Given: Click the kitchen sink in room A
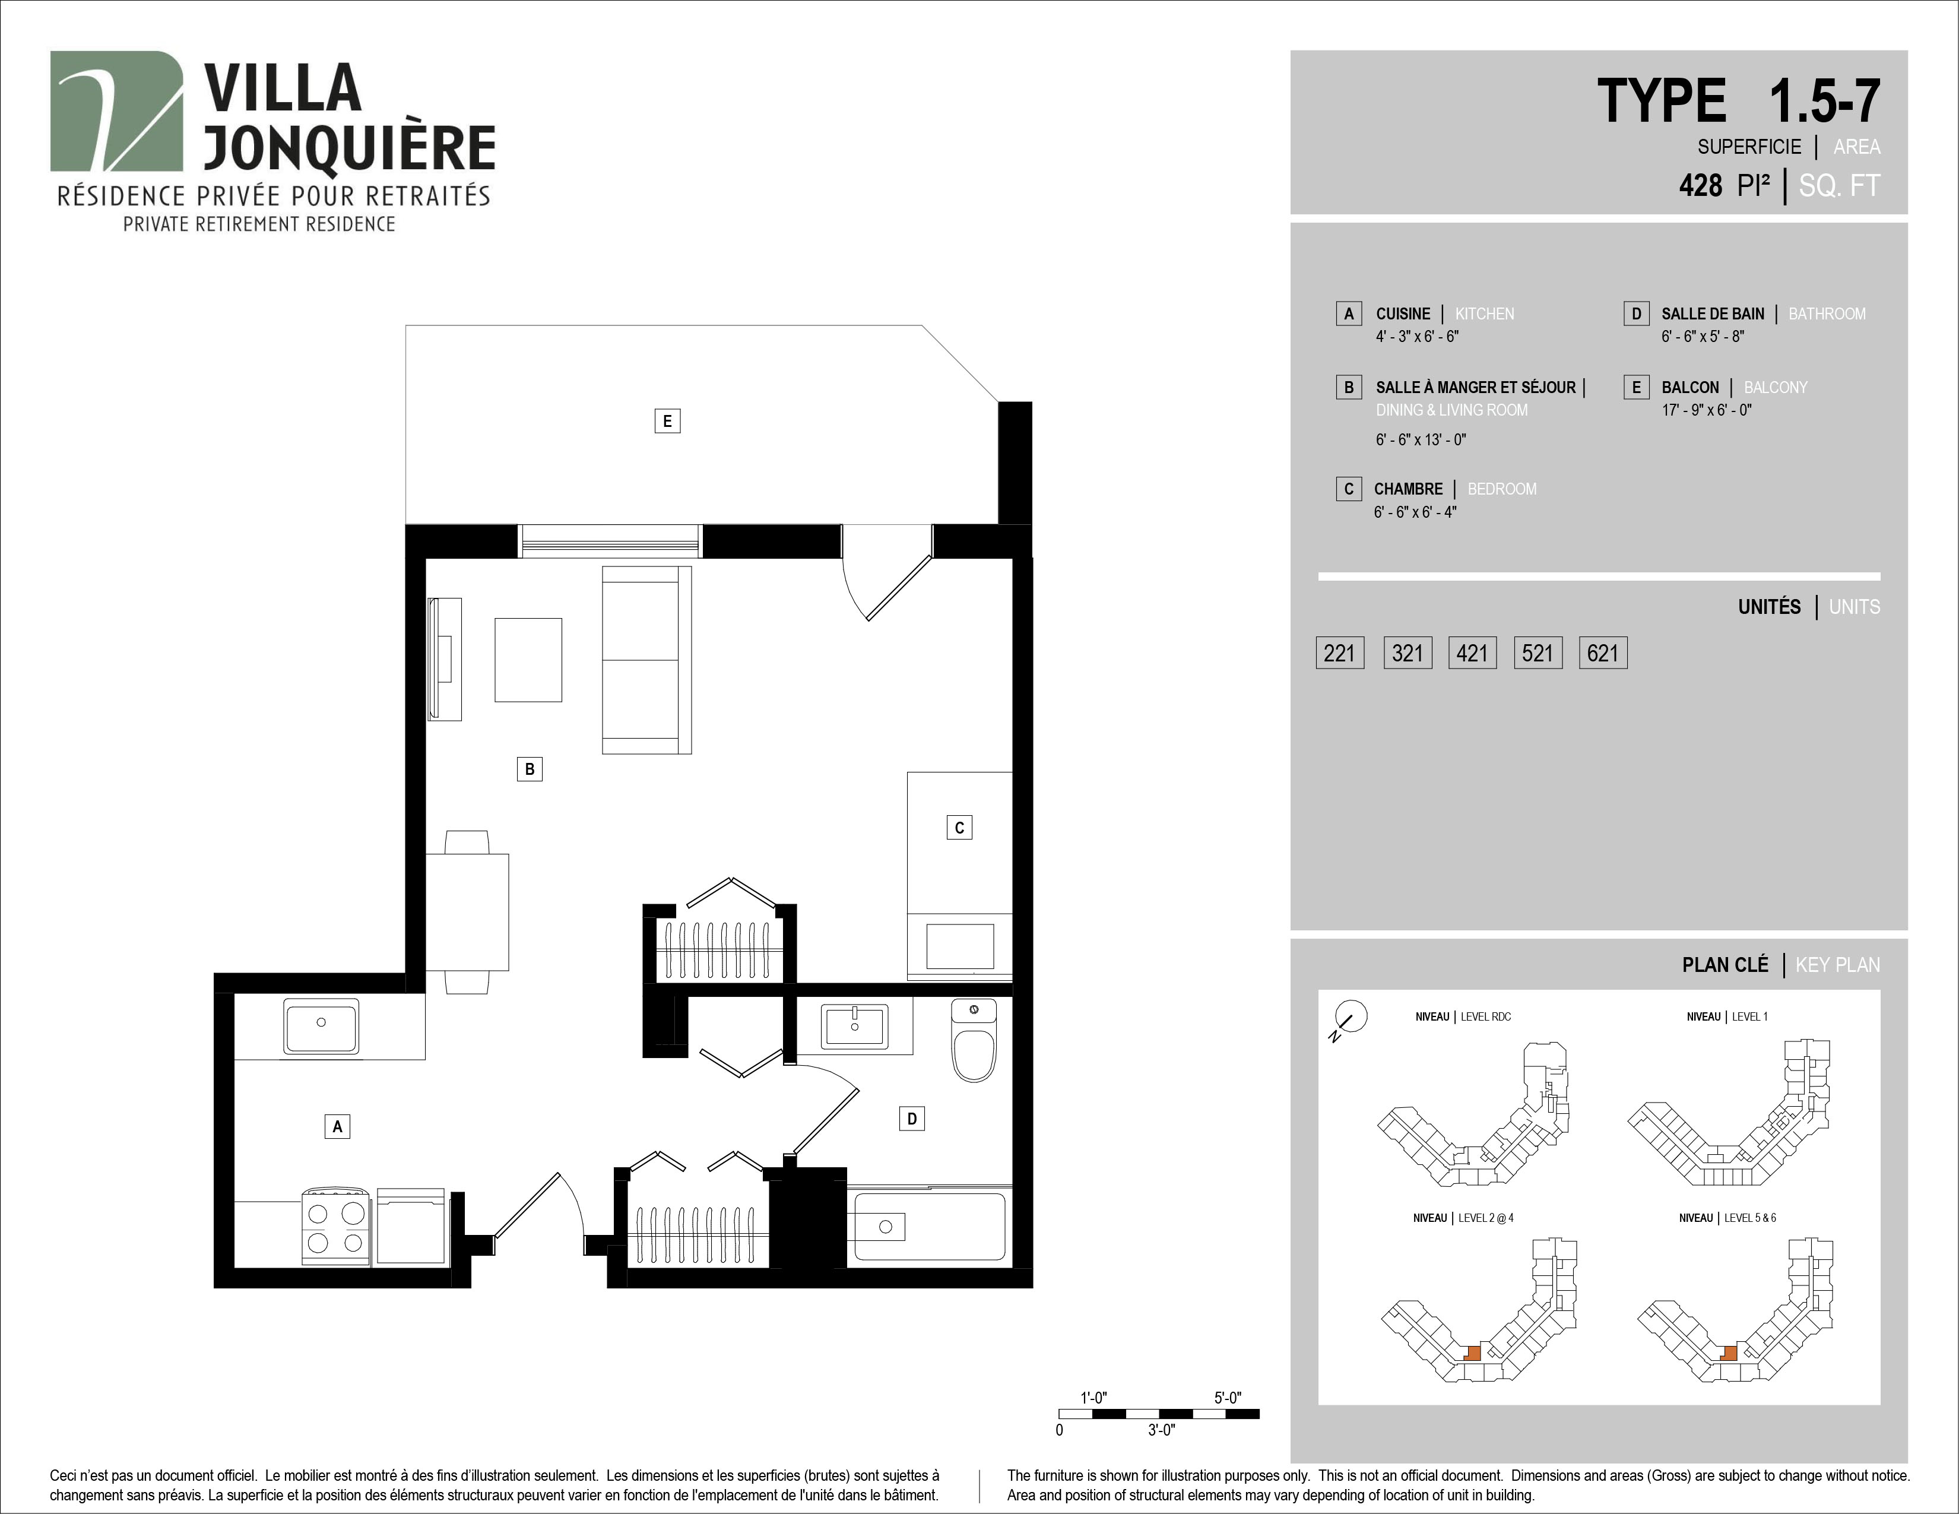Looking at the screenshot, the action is pyautogui.click(x=321, y=1026).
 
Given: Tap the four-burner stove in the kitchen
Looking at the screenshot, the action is pyautogui.click(x=335, y=1227).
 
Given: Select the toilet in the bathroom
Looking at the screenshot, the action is pyautogui.click(x=974, y=1040).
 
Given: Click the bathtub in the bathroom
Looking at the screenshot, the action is pyautogui.click(x=929, y=1225).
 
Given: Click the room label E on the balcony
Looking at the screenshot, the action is pyautogui.click(x=667, y=421).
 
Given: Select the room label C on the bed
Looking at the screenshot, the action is pyautogui.click(x=959, y=827).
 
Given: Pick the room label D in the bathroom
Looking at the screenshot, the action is pyautogui.click(x=911, y=1119).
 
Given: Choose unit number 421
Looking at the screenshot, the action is pyautogui.click(x=1472, y=653).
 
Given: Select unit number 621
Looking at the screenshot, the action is pyautogui.click(x=1603, y=653).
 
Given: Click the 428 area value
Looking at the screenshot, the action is pyautogui.click(x=1701, y=186).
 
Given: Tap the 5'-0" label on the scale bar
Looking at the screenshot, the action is pyautogui.click(x=1228, y=1398).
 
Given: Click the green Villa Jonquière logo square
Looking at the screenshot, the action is pyautogui.click(x=116, y=111).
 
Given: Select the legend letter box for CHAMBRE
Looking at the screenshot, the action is pyautogui.click(x=1348, y=489).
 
